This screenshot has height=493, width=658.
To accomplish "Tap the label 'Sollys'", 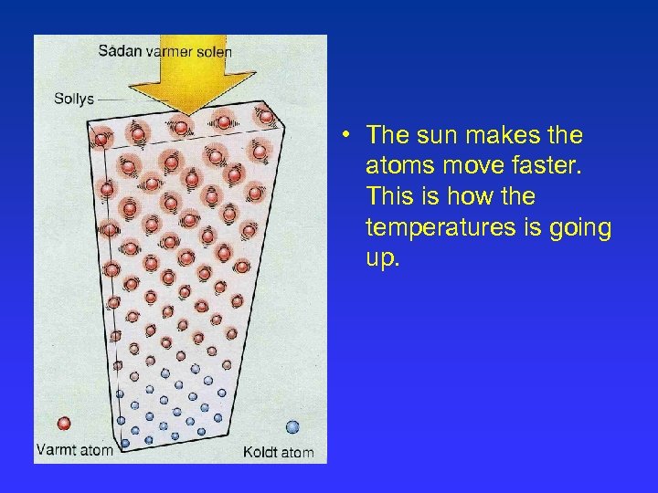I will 74,99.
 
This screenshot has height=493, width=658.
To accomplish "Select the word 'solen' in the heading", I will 214,51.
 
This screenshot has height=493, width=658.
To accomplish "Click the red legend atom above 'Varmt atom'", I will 64,425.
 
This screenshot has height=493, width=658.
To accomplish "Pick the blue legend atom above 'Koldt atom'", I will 292,426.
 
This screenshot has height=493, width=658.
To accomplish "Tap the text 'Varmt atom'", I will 75,449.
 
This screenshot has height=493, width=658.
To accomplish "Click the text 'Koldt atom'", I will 278,452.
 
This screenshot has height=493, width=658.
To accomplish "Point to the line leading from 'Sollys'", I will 111,99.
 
